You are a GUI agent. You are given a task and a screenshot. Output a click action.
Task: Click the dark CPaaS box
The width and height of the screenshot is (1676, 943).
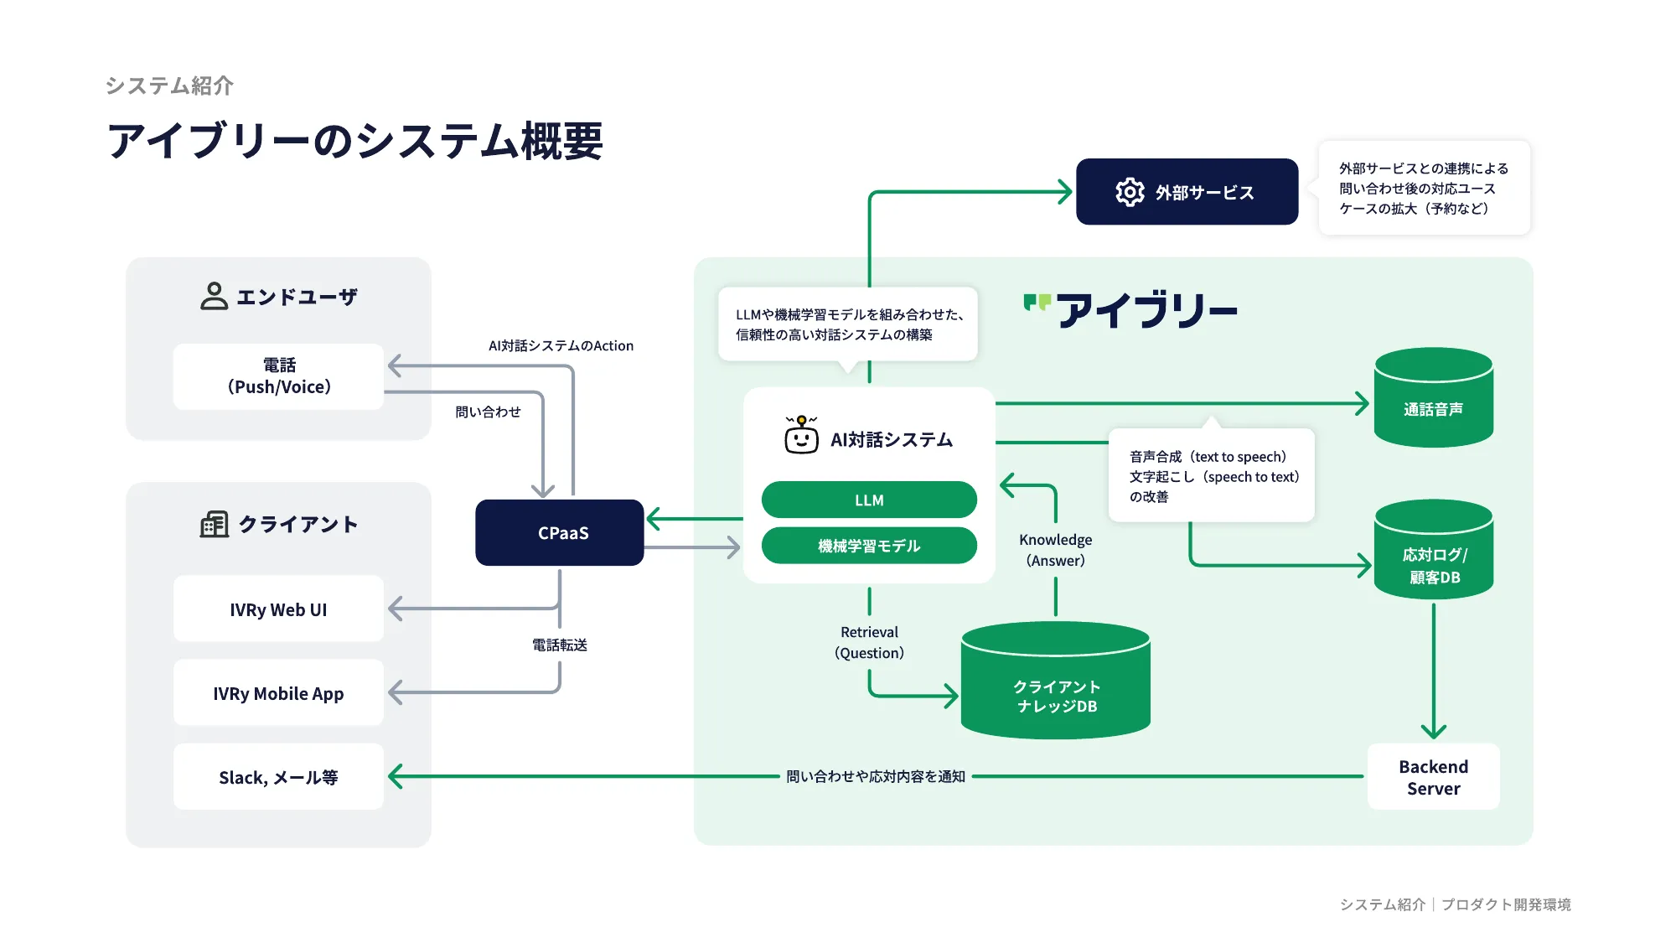[560, 532]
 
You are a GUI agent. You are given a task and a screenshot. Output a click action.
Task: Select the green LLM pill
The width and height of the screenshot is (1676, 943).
[869, 500]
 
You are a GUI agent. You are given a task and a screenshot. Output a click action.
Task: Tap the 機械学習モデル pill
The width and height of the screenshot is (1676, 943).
[869, 546]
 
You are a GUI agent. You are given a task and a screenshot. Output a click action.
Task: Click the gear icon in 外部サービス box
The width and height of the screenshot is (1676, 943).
[1130, 192]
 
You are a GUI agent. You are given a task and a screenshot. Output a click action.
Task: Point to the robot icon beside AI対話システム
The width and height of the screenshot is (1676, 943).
[801, 435]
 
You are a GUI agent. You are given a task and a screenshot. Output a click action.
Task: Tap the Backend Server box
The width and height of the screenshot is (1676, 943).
[1433, 777]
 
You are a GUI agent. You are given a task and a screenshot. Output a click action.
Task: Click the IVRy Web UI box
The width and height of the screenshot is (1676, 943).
[278, 609]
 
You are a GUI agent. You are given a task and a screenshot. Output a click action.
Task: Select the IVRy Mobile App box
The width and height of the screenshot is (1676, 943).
[278, 693]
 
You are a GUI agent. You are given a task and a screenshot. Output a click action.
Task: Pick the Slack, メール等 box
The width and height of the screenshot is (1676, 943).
[278, 777]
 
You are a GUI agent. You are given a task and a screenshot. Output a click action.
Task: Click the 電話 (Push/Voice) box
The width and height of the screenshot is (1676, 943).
[278, 376]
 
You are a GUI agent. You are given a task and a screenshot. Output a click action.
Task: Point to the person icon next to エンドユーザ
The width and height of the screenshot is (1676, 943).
[214, 296]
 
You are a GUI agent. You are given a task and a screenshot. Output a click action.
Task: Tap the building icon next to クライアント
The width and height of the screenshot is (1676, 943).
[214, 524]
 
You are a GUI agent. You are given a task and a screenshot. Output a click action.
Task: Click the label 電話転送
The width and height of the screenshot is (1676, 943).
[560, 645]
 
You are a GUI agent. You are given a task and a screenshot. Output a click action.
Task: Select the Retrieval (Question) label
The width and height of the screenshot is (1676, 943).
[869, 642]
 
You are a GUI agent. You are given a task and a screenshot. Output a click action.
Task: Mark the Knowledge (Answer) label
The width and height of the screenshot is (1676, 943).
[1055, 550]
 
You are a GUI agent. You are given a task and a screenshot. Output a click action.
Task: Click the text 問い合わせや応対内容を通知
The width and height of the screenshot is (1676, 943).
[876, 776]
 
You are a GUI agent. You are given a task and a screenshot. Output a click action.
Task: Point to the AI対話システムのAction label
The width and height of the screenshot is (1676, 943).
[561, 345]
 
